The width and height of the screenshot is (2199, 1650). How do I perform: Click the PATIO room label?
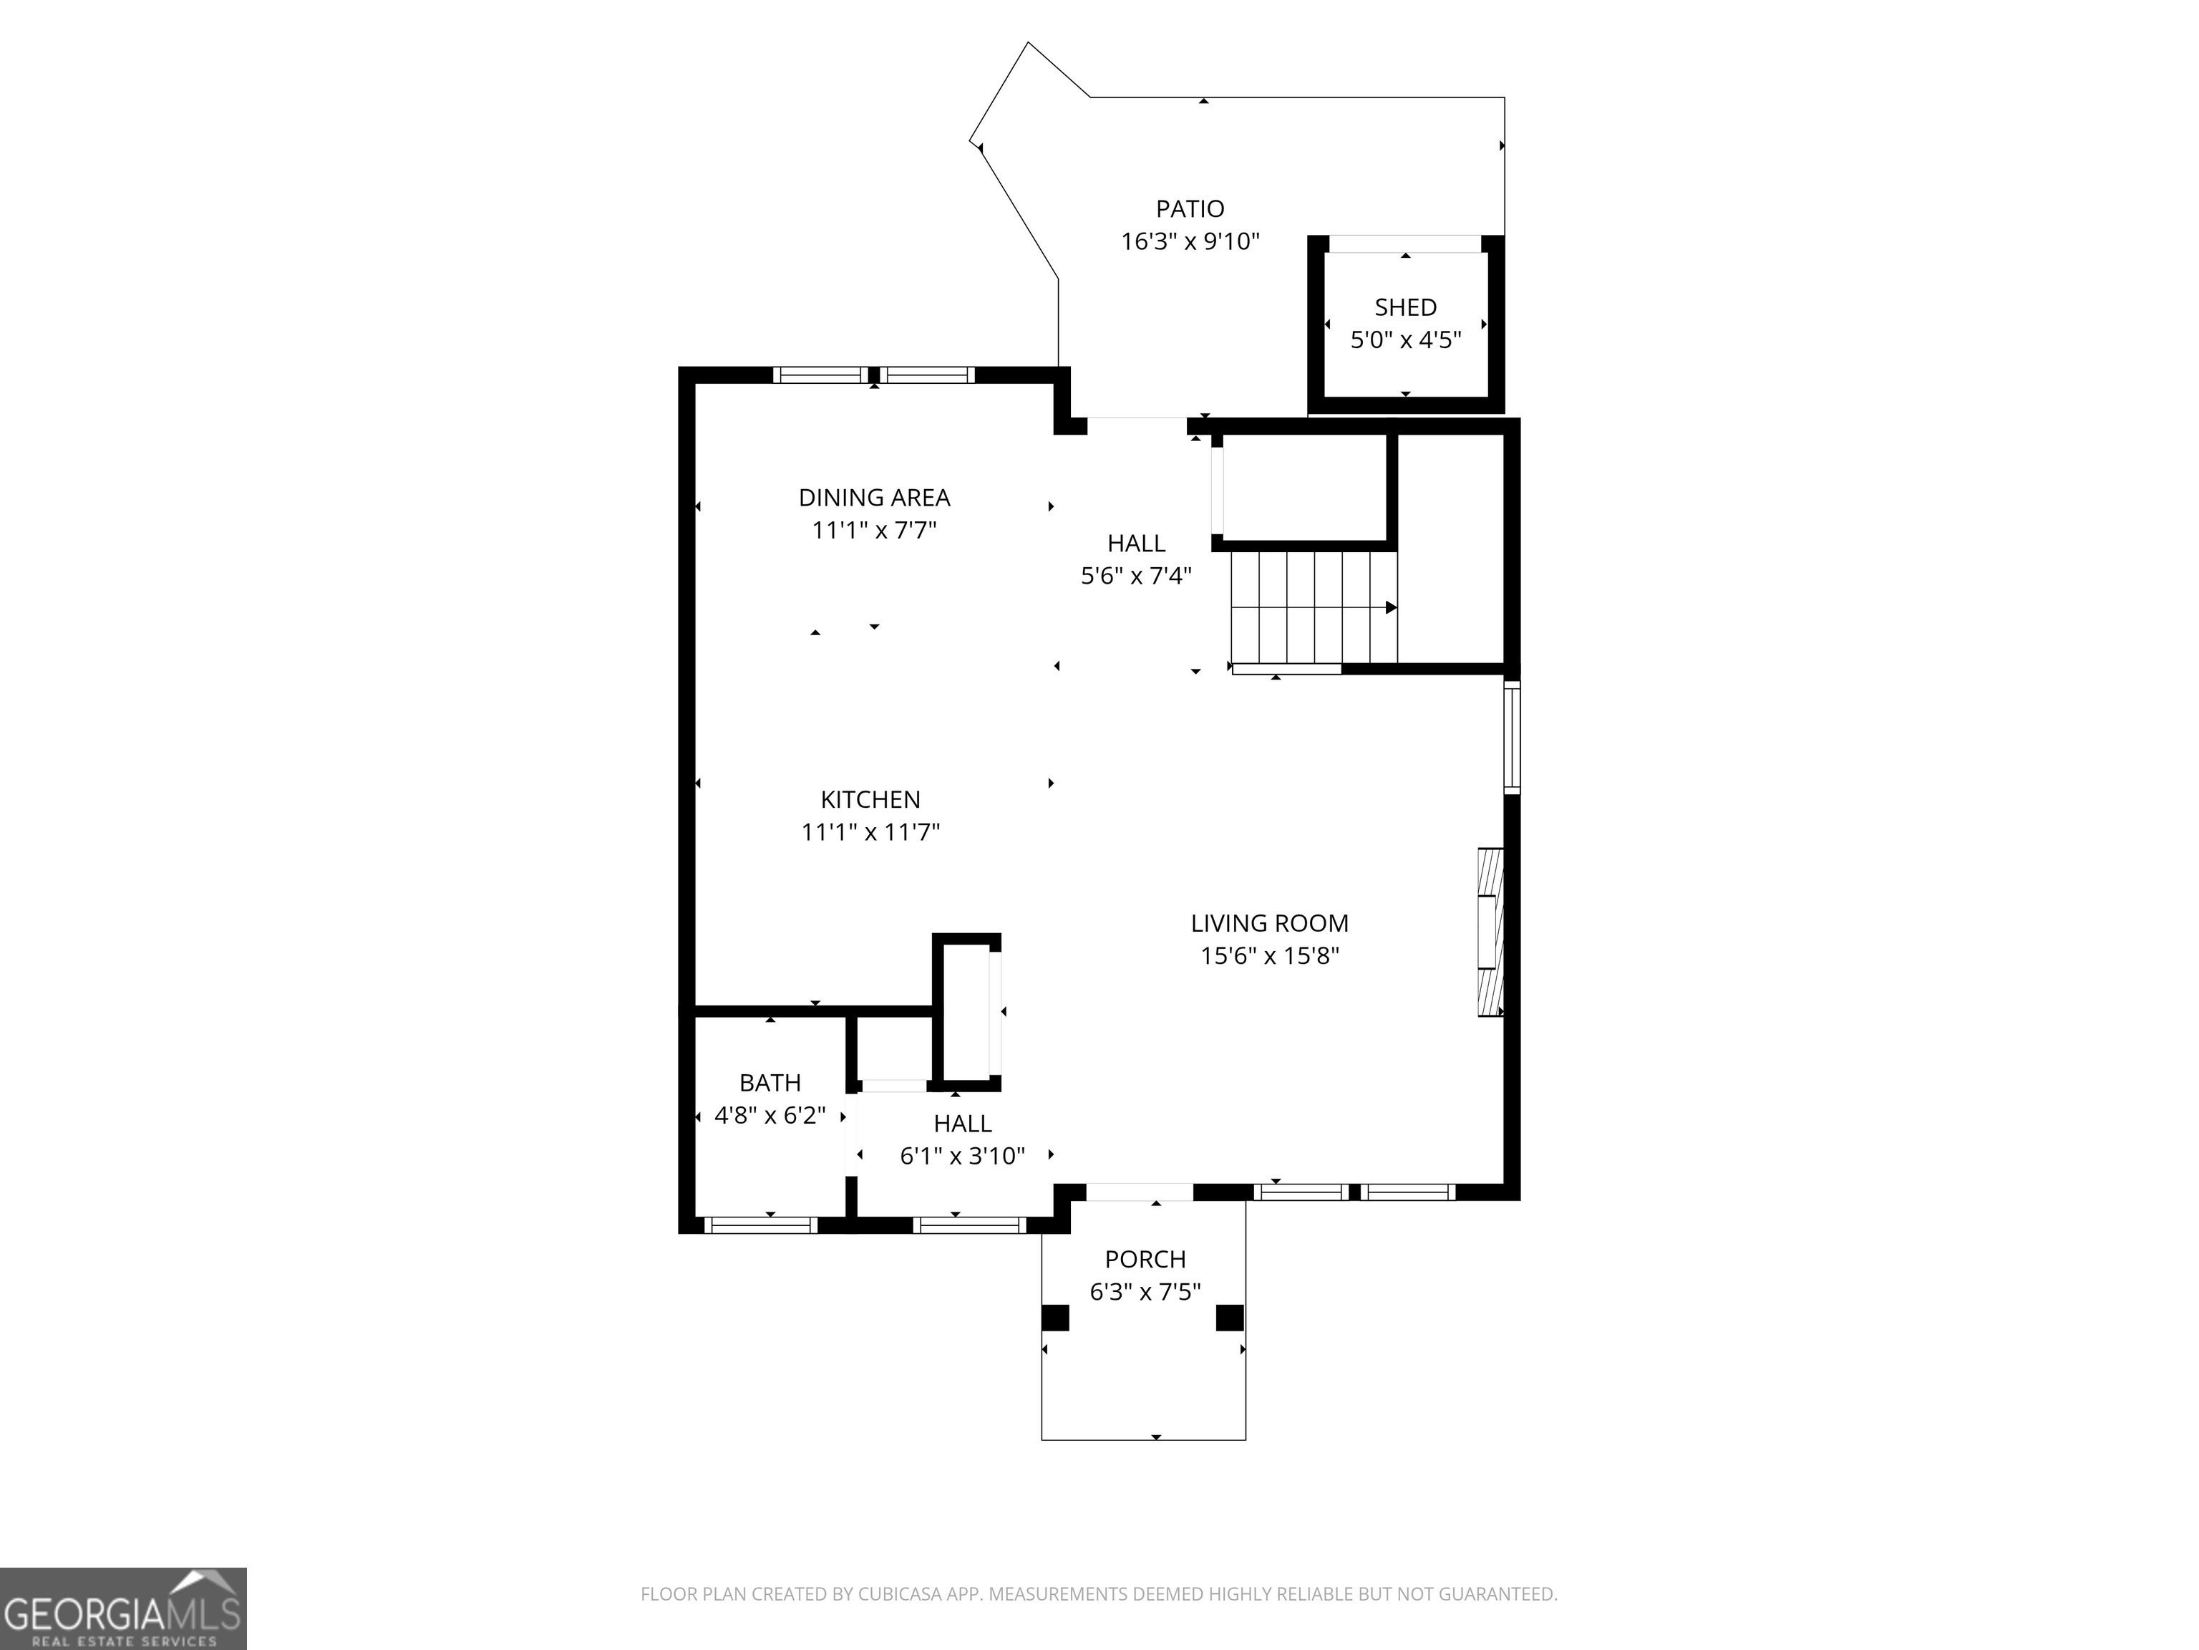tap(1190, 209)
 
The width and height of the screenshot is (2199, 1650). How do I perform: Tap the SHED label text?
tap(1406, 307)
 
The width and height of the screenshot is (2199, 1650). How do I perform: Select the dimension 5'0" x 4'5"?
tap(1406, 340)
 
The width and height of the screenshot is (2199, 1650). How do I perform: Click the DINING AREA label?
tap(875, 497)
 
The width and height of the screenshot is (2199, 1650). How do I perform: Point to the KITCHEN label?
tap(871, 799)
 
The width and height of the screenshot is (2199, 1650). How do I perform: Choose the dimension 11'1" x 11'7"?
tap(871, 831)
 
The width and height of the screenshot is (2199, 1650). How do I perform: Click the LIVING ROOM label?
tap(1269, 923)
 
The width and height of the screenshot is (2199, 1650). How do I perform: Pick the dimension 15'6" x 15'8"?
tap(1269, 956)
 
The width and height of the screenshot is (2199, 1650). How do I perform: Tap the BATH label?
tap(770, 1082)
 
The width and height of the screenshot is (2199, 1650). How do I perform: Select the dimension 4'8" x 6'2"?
tap(770, 1115)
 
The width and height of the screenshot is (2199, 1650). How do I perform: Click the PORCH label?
tap(1145, 1259)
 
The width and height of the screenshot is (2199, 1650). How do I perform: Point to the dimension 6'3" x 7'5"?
tap(1145, 1292)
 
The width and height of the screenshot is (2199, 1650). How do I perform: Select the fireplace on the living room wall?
tap(1490, 932)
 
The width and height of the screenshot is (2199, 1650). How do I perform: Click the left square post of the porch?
tap(1055, 1317)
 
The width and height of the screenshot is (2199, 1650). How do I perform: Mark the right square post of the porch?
tap(1230, 1317)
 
